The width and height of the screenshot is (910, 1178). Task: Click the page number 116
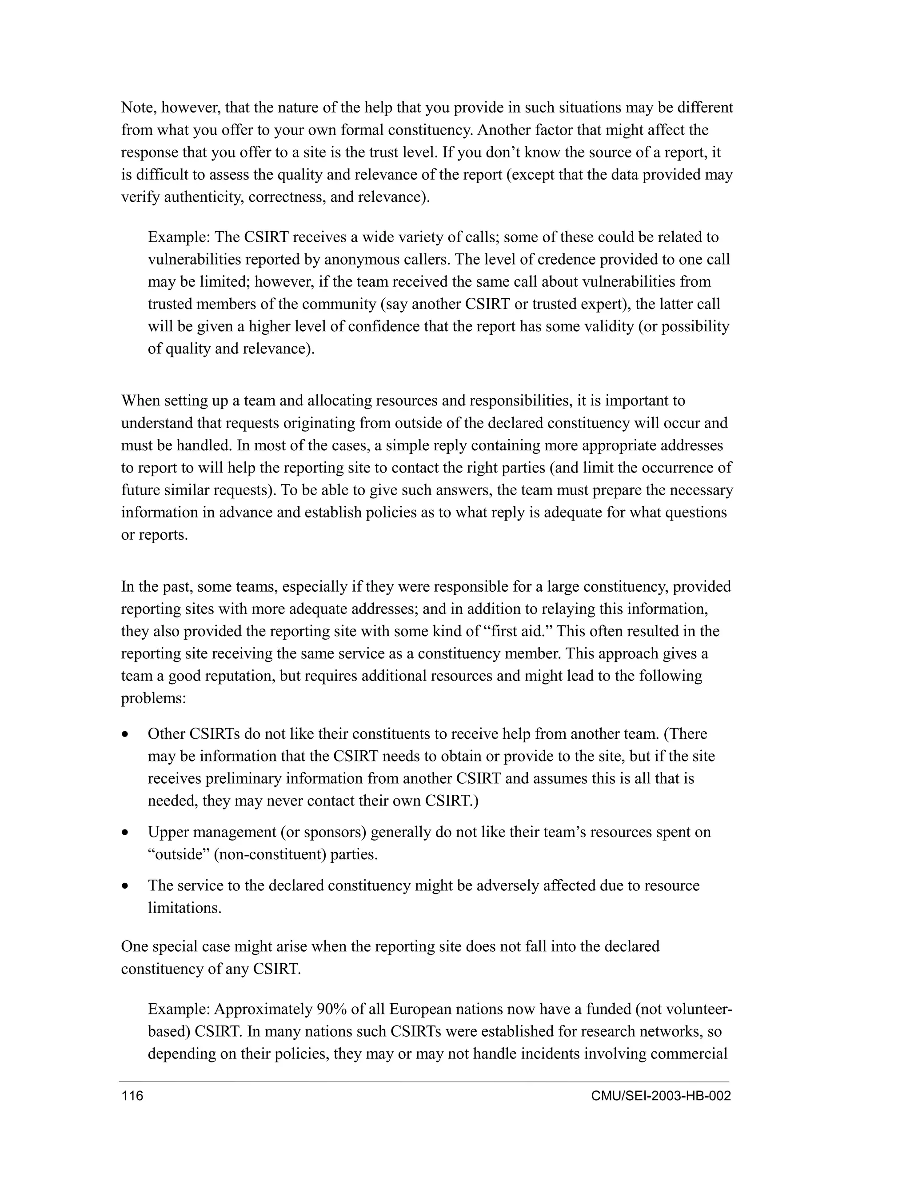pos(132,1096)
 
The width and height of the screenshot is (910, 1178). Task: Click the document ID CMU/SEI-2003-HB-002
pos(660,1096)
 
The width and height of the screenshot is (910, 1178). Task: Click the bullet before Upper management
pos(126,833)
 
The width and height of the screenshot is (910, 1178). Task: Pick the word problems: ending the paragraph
pos(154,698)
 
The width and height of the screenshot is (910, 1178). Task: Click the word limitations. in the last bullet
pos(185,908)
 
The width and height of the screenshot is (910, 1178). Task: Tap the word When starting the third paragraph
pos(140,401)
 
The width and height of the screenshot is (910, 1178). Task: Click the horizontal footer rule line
pos(424,1082)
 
